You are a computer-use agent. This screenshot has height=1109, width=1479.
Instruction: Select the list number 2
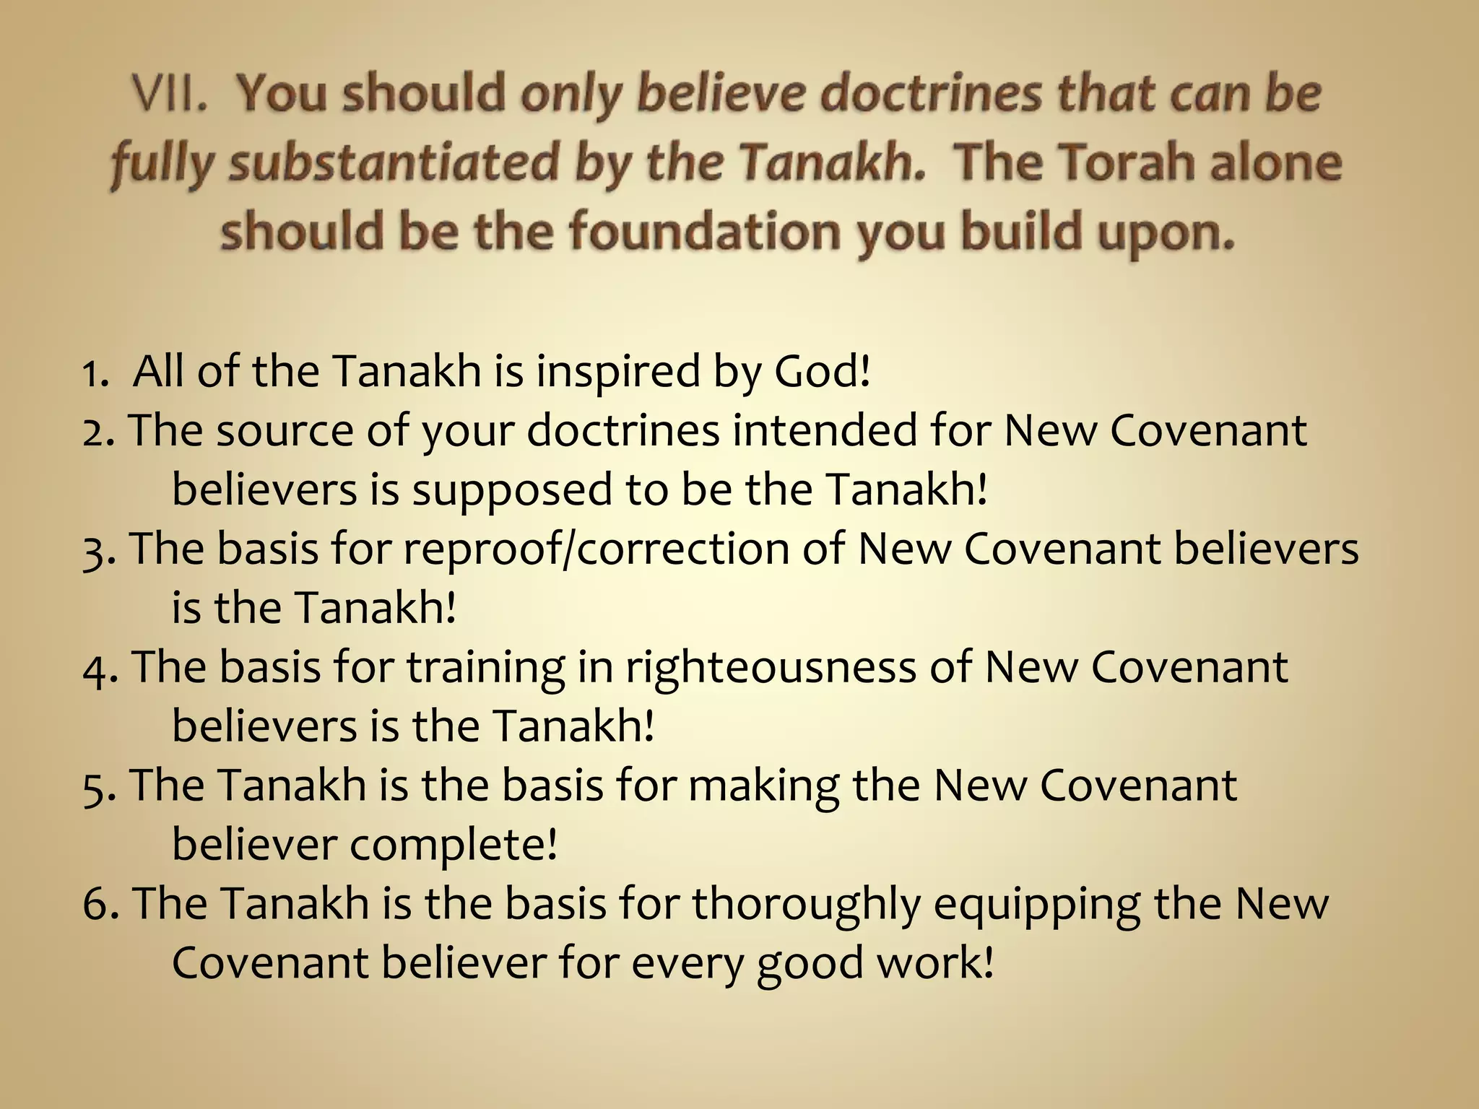[97, 432]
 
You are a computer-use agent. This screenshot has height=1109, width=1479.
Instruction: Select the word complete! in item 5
[454, 845]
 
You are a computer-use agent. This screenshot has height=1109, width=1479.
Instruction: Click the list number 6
[99, 904]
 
